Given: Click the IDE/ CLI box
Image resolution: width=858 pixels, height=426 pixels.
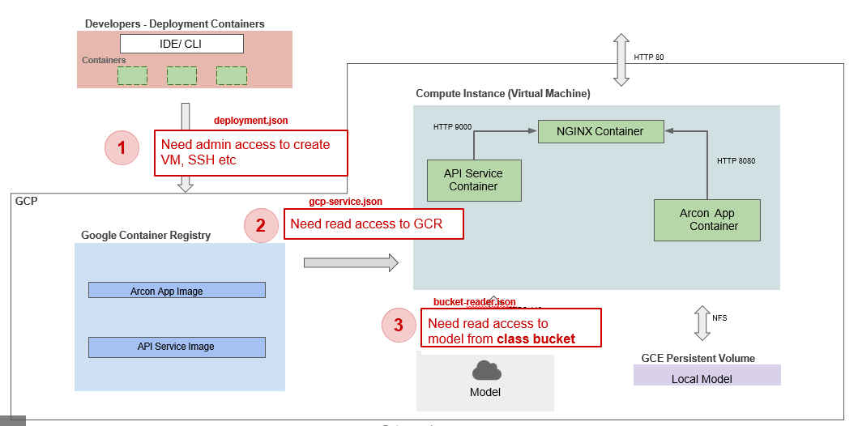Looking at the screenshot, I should [181, 44].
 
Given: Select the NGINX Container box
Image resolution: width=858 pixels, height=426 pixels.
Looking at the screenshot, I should [600, 131].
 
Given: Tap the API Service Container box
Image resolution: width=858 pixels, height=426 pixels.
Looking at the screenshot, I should [473, 180].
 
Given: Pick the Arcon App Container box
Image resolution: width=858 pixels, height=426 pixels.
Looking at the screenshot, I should [707, 219].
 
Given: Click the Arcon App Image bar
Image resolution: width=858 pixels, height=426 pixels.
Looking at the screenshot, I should [177, 291].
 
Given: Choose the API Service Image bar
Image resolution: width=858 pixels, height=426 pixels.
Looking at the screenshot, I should [177, 347].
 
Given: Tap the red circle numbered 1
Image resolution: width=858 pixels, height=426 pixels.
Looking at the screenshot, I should [122, 148].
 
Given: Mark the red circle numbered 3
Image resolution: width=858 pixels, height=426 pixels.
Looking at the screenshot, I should [398, 326].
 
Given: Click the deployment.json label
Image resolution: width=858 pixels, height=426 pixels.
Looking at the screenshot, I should [250, 121].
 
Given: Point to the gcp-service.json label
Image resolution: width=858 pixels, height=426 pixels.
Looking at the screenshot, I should [346, 202].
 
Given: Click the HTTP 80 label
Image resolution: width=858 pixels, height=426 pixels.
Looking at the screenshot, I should [650, 58].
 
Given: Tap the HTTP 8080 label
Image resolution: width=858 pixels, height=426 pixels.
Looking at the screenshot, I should [736, 161].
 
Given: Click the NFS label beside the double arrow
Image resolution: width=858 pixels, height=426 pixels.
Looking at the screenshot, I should [719, 318].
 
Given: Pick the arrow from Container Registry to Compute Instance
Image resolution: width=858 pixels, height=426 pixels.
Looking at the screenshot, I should [351, 262].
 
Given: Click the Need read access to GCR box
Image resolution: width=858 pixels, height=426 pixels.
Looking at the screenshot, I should [374, 224].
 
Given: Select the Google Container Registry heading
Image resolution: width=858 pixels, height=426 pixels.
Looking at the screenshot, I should [146, 236].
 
